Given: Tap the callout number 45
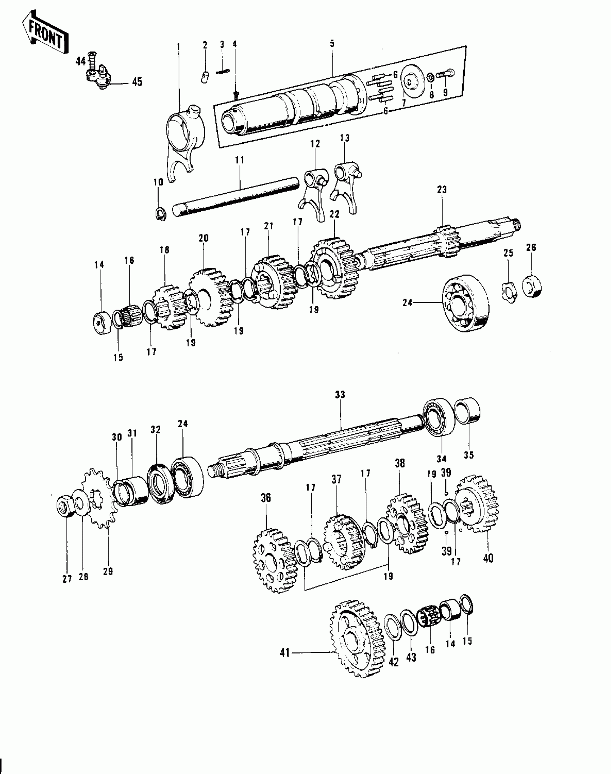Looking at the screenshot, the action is click(137, 82).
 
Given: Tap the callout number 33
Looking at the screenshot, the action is click(340, 395).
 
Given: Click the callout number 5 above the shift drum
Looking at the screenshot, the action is click(332, 44).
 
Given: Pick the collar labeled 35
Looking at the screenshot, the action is click(468, 411).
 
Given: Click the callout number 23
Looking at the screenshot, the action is click(442, 190).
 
